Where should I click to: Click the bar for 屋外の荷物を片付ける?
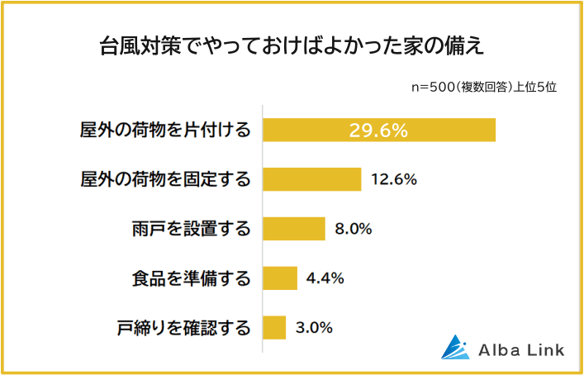(x=379, y=131)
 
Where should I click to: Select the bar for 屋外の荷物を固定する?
(x=312, y=179)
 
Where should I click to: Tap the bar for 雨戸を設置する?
(x=294, y=229)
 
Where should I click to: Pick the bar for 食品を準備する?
(x=280, y=278)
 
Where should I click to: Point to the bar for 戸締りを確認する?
(x=274, y=328)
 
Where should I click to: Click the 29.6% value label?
(x=379, y=131)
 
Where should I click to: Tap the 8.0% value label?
(x=353, y=229)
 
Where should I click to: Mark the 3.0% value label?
(x=314, y=328)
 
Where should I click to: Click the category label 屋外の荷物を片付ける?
(x=165, y=131)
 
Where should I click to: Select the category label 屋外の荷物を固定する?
(x=165, y=179)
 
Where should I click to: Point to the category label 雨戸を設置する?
(x=191, y=229)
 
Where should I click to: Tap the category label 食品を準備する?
(x=191, y=278)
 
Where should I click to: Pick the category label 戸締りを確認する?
(x=183, y=328)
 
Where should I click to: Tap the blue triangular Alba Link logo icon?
(x=454, y=349)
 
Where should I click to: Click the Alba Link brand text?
(x=521, y=350)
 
